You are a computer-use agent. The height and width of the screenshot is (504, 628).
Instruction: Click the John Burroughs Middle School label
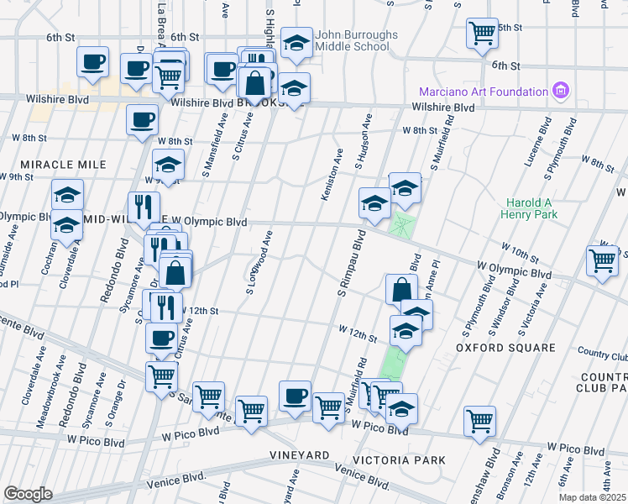pos(352,40)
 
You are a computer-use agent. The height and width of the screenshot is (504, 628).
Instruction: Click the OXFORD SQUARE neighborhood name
pos(505,347)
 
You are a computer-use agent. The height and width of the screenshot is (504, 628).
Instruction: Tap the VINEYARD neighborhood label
pos(300,454)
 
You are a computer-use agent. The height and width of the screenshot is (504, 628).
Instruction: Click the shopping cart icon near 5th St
pos(483,34)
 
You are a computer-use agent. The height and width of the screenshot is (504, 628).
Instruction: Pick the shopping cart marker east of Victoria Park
pos(480,421)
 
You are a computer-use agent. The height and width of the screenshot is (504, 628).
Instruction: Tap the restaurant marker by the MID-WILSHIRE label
pos(144,207)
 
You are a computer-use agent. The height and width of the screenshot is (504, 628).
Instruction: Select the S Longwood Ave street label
pos(259,263)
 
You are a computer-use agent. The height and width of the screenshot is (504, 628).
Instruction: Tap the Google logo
pos(28,494)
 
